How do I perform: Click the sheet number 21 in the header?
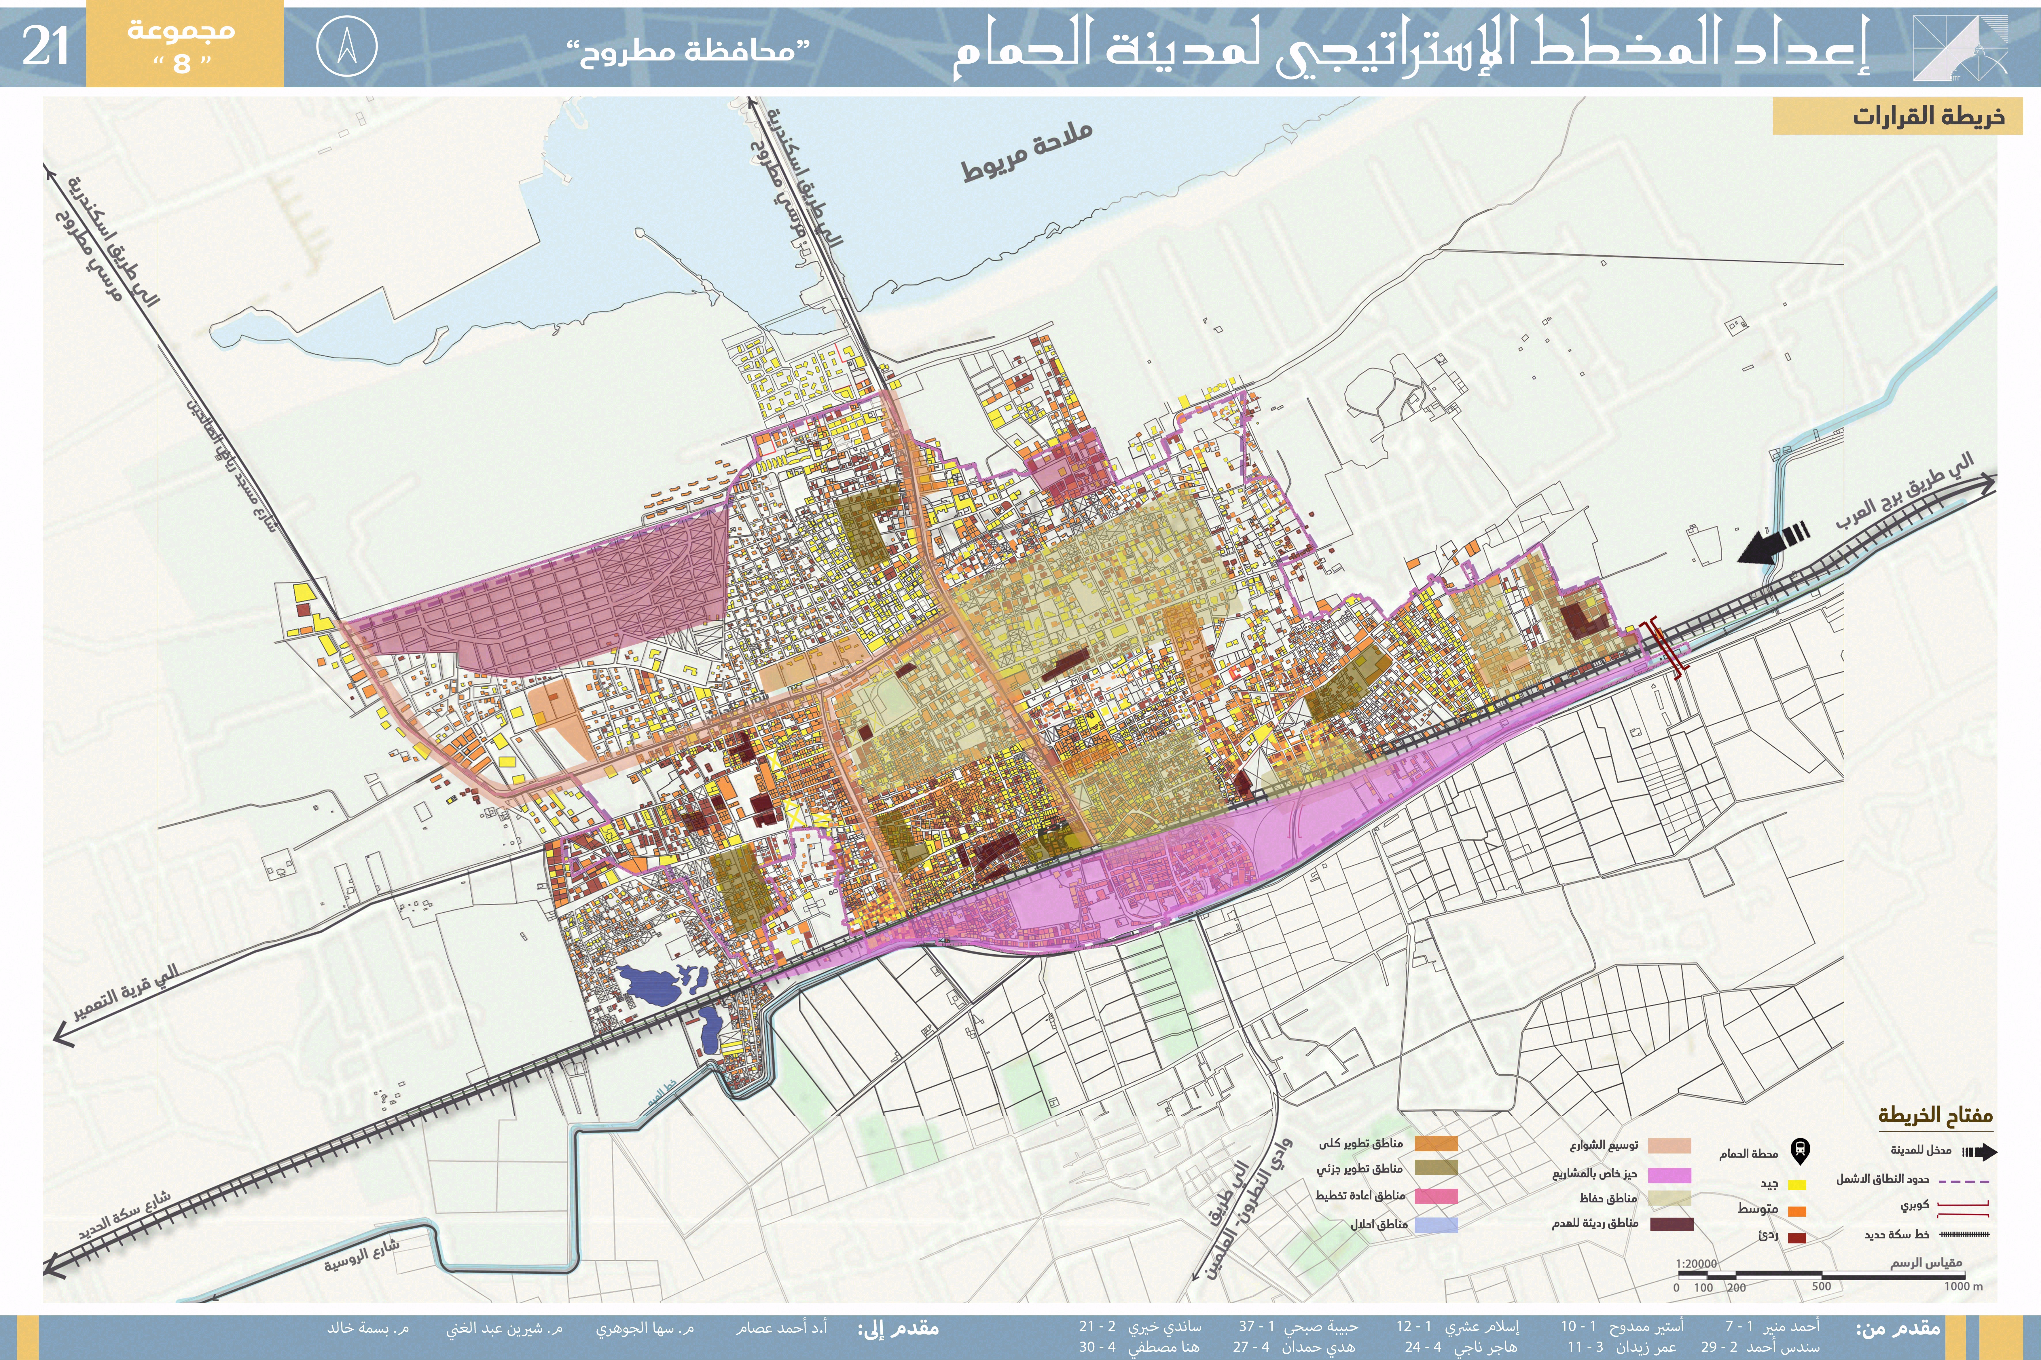click(x=45, y=46)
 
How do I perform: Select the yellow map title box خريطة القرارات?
click(x=1897, y=116)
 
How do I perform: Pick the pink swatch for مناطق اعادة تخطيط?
click(x=1437, y=1196)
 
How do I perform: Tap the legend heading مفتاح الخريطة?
click(x=1935, y=1114)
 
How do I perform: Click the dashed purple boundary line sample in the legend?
click(x=1964, y=1181)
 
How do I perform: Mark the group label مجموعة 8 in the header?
click(x=182, y=46)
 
